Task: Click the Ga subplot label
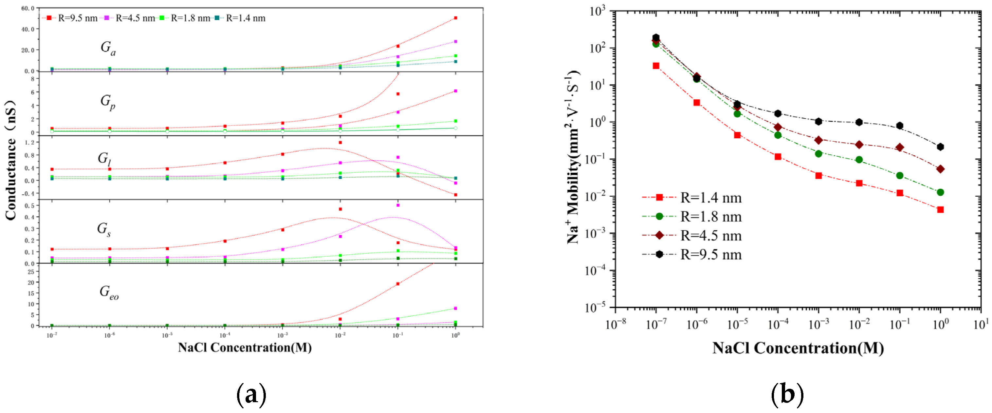tap(108, 48)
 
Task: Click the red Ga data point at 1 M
tap(455, 18)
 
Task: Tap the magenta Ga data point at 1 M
tap(455, 41)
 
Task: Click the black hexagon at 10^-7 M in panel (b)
tap(656, 37)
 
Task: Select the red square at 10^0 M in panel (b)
tap(940, 210)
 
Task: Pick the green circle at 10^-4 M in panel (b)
tap(778, 135)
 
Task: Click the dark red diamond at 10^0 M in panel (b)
tap(940, 169)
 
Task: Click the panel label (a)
tap(251, 394)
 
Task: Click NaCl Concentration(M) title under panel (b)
tap(798, 348)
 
